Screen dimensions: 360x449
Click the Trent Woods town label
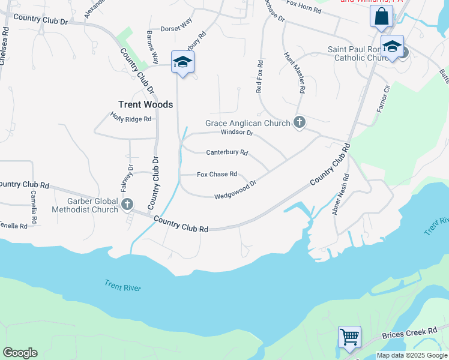click(145, 104)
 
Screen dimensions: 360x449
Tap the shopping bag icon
click(381, 17)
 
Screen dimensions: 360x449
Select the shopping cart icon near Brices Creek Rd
click(349, 337)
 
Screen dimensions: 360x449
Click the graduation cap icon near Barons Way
click(182, 62)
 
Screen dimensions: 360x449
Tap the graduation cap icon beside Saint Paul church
click(392, 47)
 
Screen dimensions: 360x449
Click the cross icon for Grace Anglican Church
click(300, 123)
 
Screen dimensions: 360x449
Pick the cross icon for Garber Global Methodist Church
click(127, 205)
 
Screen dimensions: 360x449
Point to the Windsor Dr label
click(237, 133)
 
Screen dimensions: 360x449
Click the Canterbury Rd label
click(227, 152)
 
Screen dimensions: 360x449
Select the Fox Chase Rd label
click(217, 175)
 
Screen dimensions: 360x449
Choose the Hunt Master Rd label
click(293, 72)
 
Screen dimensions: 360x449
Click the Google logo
click(20, 353)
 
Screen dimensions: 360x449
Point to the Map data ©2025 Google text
click(412, 356)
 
